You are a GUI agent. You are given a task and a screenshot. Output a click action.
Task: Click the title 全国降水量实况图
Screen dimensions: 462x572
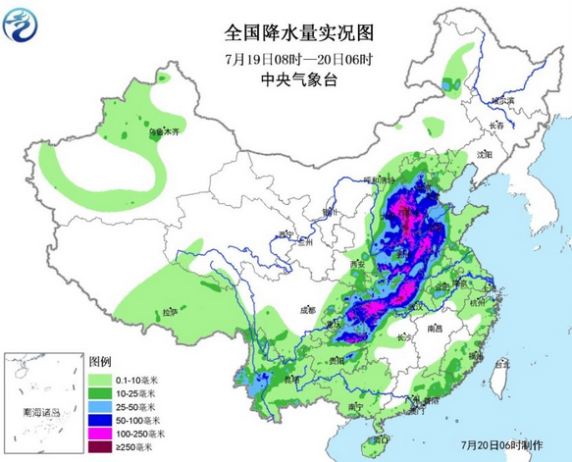(288, 31)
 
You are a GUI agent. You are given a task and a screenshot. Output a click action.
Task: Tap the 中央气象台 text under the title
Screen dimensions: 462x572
(288, 81)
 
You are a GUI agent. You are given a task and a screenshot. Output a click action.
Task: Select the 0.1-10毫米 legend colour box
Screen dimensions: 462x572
(101, 378)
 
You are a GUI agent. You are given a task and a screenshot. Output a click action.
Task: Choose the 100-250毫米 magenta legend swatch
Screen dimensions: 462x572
(101, 432)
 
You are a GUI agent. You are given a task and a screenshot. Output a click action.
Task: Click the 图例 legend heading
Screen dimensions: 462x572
(100, 362)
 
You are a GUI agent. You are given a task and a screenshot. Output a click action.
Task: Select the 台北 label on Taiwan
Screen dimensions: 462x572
(500, 362)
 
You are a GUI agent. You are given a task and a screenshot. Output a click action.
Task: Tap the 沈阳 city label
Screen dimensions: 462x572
(484, 155)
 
